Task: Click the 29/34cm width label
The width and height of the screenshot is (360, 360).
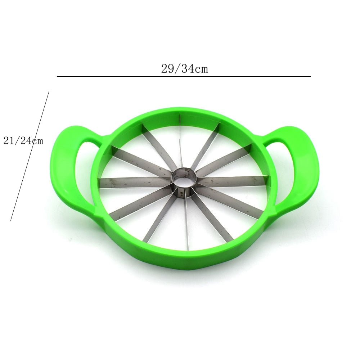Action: [184, 68]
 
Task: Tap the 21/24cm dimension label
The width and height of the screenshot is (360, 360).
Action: [23, 141]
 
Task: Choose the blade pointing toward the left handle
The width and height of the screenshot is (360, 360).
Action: [133, 182]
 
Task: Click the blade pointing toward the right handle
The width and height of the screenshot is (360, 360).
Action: [232, 180]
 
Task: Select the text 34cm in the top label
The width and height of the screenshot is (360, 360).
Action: [194, 68]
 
